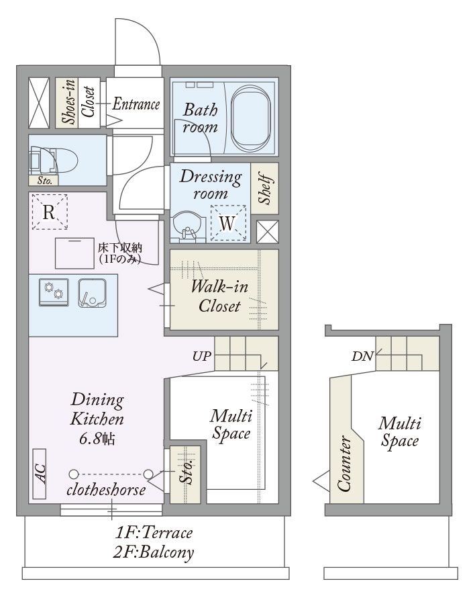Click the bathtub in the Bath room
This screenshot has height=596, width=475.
[x=251, y=118]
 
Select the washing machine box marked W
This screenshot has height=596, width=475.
[x=228, y=223]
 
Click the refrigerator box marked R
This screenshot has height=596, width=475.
[x=50, y=212]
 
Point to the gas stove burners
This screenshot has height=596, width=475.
[x=54, y=292]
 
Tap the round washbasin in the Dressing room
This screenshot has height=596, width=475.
[x=187, y=227]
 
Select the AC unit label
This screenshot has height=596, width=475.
[x=40, y=474]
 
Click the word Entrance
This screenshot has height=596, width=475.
[x=136, y=103]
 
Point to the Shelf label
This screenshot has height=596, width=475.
[x=265, y=189]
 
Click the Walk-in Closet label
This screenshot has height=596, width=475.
[x=219, y=296]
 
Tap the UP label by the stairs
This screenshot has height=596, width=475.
[x=202, y=356]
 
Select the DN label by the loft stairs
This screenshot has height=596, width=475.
[x=363, y=356]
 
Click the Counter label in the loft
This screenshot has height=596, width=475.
[x=344, y=464]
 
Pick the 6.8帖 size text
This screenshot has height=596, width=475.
[x=97, y=439]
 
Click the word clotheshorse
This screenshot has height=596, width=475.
[x=106, y=490]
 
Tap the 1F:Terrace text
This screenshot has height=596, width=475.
[x=154, y=533]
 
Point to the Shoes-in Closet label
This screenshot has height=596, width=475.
[x=78, y=102]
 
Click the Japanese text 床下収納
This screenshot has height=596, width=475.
[x=120, y=248]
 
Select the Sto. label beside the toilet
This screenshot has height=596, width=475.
[x=44, y=181]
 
